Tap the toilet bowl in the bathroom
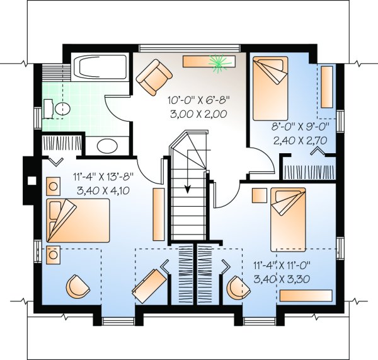coord(62,109)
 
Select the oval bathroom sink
coord(107,146)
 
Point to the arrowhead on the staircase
coord(188,190)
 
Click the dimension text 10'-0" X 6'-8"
coord(198,100)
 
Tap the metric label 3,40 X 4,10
coord(103,190)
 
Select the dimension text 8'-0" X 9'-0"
coord(300,126)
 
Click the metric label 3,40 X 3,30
coord(282,279)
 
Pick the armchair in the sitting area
coord(154,77)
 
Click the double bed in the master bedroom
coord(78,220)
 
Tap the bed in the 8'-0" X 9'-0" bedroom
coord(270,88)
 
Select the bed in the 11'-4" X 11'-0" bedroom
coord(288,219)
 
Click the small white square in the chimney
coord(32,180)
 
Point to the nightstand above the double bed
coord(54,186)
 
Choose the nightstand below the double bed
coord(54,255)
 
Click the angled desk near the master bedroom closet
coord(150,286)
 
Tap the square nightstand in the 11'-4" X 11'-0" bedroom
coord(260,195)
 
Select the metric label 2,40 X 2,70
coord(300,140)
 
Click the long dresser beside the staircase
coord(159,214)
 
